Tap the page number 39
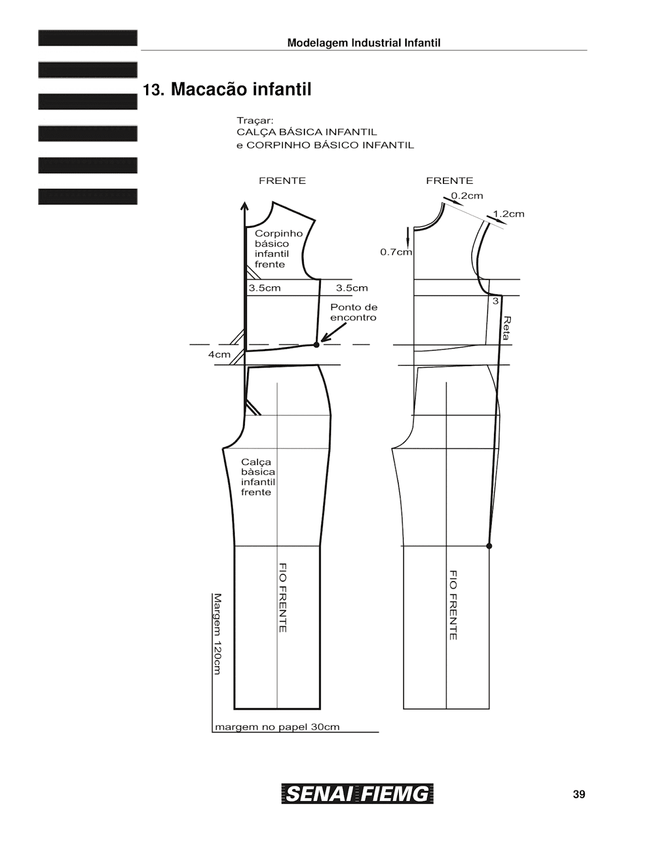pyautogui.click(x=579, y=794)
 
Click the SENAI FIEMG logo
pyautogui.click(x=357, y=794)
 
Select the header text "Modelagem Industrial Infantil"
pyautogui.click(x=364, y=43)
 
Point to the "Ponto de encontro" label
pyautogui.click(x=354, y=312)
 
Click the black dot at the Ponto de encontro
pyautogui.click(x=317, y=345)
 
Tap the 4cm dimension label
pyautogui.click(x=219, y=354)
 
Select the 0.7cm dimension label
pyautogui.click(x=396, y=252)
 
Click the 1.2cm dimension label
pyautogui.click(x=509, y=214)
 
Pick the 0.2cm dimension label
pyautogui.click(x=467, y=195)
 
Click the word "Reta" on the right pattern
pyautogui.click(x=507, y=328)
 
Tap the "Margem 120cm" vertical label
pyautogui.click(x=217, y=634)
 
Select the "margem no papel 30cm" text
pyautogui.click(x=277, y=727)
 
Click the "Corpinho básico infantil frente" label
pyautogui.click(x=278, y=249)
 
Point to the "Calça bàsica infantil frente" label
pyautogui.click(x=258, y=477)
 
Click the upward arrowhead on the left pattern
pyautogui.click(x=244, y=206)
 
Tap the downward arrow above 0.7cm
pyautogui.click(x=408, y=236)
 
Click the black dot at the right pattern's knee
pyautogui.click(x=489, y=546)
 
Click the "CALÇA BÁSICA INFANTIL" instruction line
pyautogui.click(x=306, y=132)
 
